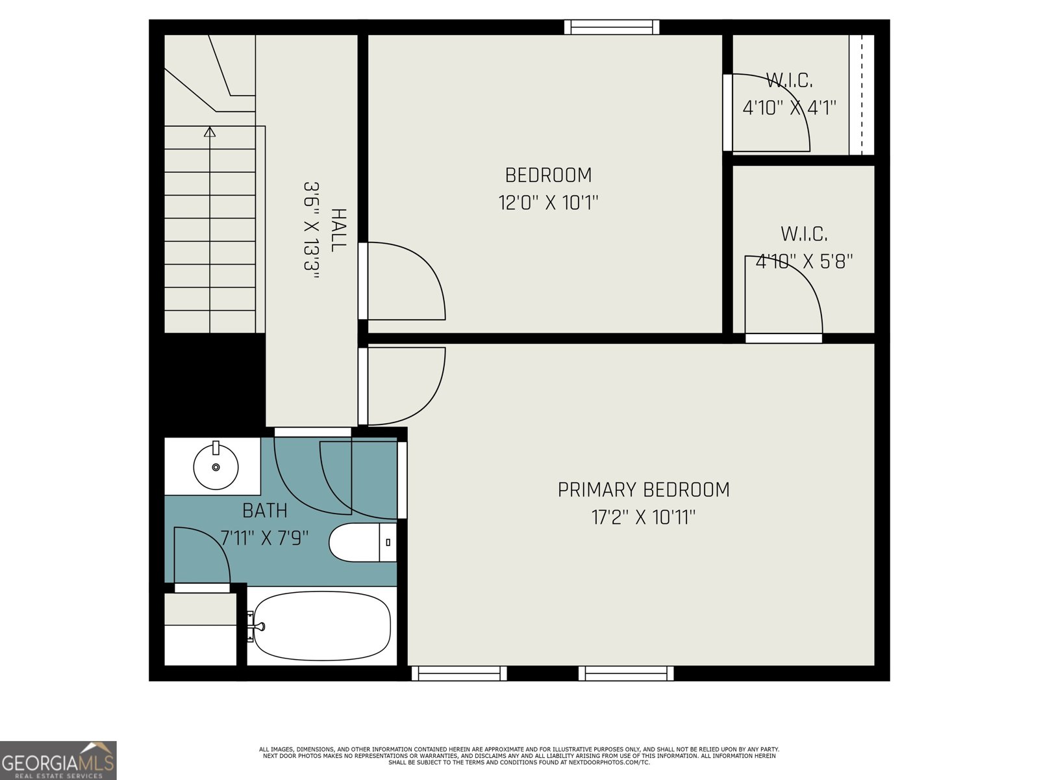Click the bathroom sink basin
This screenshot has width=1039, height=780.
pos(216,467)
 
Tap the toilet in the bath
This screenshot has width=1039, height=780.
pos(362,542)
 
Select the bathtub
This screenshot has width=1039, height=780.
pos(322,625)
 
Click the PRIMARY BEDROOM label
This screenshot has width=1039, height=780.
pos(644,489)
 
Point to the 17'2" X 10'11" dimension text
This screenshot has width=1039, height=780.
pos(644,517)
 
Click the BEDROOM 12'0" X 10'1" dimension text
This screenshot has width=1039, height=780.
pos(548,203)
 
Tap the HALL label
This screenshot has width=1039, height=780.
pos(338,230)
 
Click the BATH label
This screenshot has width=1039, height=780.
pos(264,510)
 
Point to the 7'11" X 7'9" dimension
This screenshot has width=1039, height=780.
pos(264,538)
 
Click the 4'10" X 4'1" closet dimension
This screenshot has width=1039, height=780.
pos(789,108)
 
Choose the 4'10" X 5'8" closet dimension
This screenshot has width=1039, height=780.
pos(804,261)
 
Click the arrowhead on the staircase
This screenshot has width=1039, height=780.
pos(210,132)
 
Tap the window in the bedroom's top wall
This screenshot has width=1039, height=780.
pos(612,27)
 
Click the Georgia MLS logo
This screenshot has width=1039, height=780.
pos(58,760)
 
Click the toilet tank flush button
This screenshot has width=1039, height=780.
pos(388,542)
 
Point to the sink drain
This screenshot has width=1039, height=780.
pos(216,467)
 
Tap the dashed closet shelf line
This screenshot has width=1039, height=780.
pos(862,95)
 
